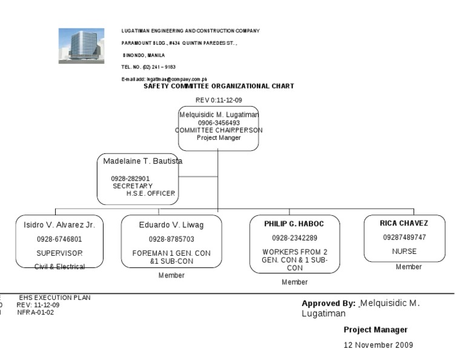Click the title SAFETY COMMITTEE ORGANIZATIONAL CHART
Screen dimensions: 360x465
click(219, 86)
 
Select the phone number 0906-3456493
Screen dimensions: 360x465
click(219, 122)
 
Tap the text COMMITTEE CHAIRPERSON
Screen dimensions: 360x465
click(219, 130)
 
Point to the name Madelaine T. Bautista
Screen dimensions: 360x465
click(143, 161)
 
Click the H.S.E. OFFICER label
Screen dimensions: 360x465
click(150, 193)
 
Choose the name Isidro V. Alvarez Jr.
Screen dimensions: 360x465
click(55, 225)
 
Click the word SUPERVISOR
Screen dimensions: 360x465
click(59, 253)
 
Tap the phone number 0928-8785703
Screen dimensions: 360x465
click(171, 239)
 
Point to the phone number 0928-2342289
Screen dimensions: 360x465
click(294, 238)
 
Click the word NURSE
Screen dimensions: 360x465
click(404, 251)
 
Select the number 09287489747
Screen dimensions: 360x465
click(404, 238)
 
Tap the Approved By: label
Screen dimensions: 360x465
click(328, 303)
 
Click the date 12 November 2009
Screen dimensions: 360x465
click(378, 345)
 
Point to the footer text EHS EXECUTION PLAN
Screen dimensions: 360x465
click(54, 298)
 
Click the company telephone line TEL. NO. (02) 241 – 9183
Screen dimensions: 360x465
click(148, 67)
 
